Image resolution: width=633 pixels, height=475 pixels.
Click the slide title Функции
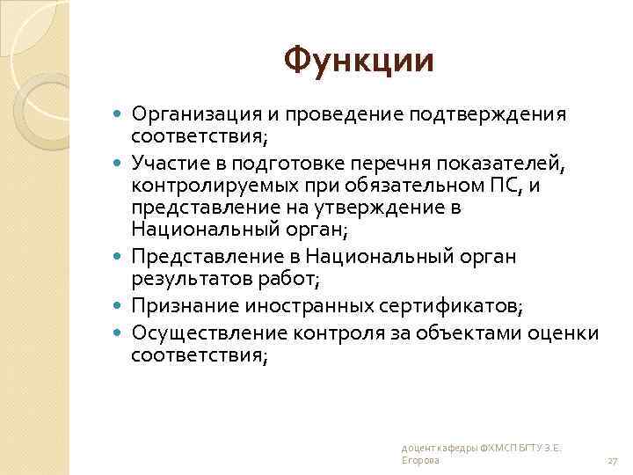[x=359, y=62]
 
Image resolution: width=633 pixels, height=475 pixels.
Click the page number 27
[x=613, y=460]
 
